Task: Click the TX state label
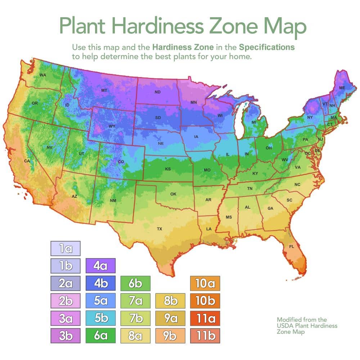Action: tap(159, 229)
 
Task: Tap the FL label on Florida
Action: tap(292, 247)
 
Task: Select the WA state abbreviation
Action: tap(42, 75)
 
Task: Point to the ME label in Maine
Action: tap(342, 87)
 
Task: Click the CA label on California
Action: tap(27, 161)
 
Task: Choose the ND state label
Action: tap(158, 92)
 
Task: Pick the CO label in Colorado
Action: tap(121, 162)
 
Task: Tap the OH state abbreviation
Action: tap(269, 148)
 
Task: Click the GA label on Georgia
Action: tap(270, 208)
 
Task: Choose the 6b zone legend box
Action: tap(135, 283)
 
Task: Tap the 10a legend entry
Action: tap(205, 283)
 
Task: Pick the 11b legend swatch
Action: tap(205, 336)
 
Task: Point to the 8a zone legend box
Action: tap(135, 336)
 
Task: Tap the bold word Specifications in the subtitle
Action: tap(267, 47)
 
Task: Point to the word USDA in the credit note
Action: tap(284, 326)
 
